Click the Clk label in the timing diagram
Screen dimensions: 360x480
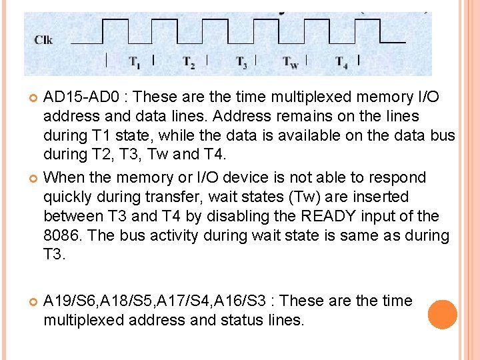click(43, 40)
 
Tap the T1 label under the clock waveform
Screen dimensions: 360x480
click(135, 63)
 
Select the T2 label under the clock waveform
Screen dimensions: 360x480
click(189, 63)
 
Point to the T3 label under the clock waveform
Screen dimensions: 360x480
click(241, 63)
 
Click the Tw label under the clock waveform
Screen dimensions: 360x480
click(290, 63)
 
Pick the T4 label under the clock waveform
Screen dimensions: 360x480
click(341, 63)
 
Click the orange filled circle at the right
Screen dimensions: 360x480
click(443, 315)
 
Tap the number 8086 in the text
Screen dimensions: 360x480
click(61, 235)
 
